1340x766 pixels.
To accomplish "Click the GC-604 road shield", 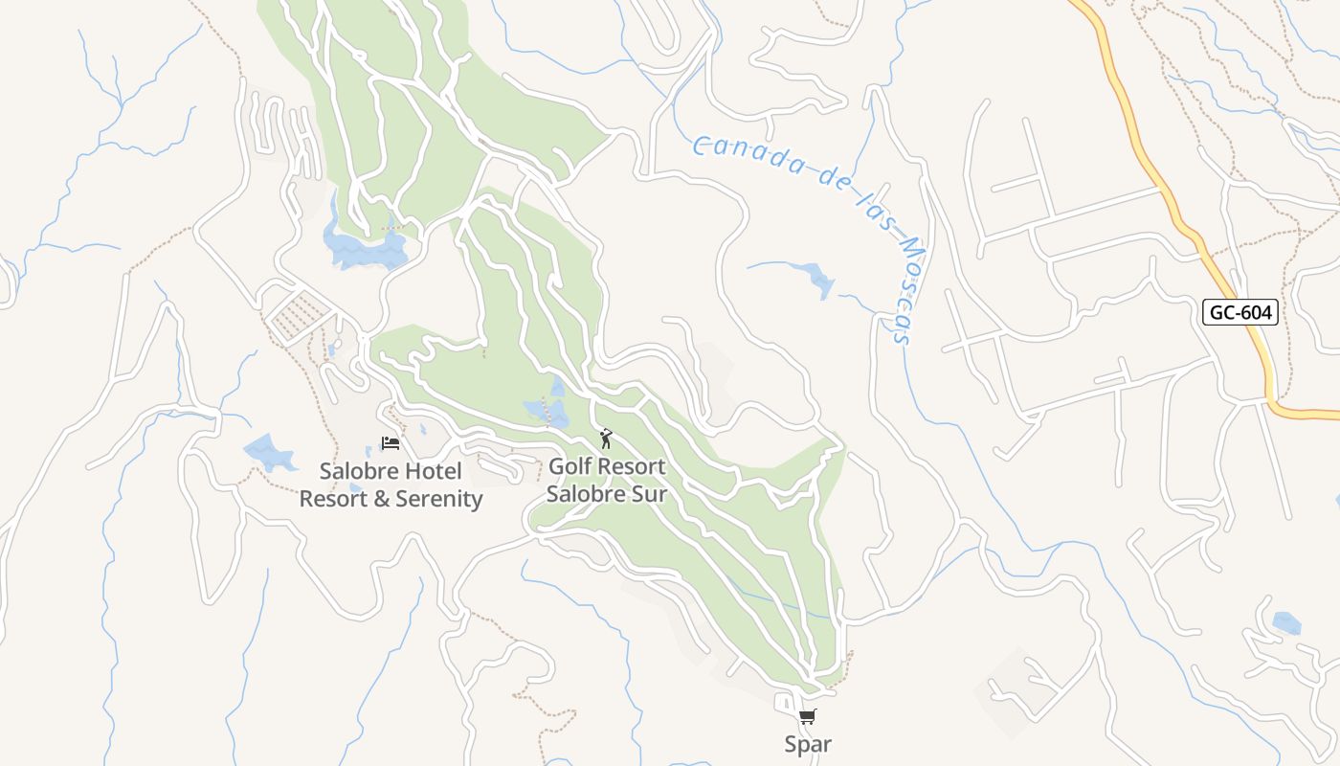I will [1240, 312].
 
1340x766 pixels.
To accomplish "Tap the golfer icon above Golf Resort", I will [605, 439].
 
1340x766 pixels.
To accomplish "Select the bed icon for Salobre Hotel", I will [390, 442].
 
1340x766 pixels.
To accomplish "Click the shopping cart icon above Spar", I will [808, 716].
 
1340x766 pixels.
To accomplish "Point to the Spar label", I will [808, 744].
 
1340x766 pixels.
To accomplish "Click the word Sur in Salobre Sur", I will [648, 494].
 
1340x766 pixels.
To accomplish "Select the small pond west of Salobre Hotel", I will [270, 453].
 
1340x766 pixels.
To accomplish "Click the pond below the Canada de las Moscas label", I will [817, 279].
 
